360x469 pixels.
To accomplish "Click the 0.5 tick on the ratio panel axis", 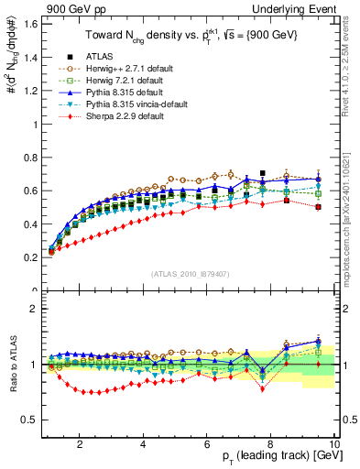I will pos(30,420).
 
